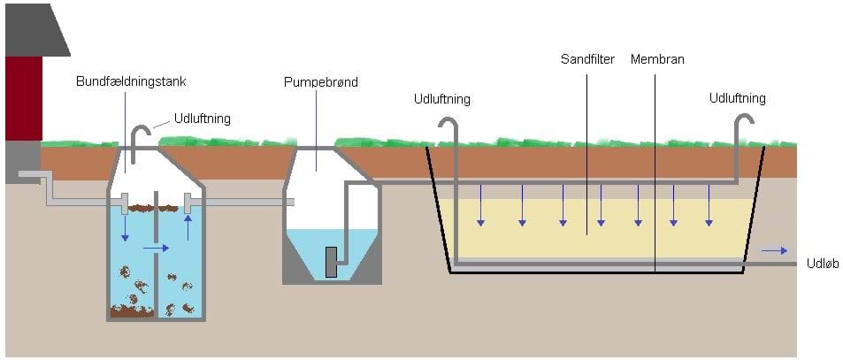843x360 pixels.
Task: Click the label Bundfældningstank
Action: (x=130, y=82)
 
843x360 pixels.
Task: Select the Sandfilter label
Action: (x=587, y=60)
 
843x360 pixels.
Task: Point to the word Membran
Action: (x=657, y=60)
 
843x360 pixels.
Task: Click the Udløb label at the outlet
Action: (x=823, y=264)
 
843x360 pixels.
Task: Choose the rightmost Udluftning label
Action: (x=737, y=98)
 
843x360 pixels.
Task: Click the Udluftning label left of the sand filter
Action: (x=441, y=99)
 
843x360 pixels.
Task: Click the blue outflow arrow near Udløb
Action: (x=774, y=251)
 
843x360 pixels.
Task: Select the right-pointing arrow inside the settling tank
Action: (x=156, y=249)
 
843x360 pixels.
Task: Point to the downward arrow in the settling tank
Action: (x=125, y=229)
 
